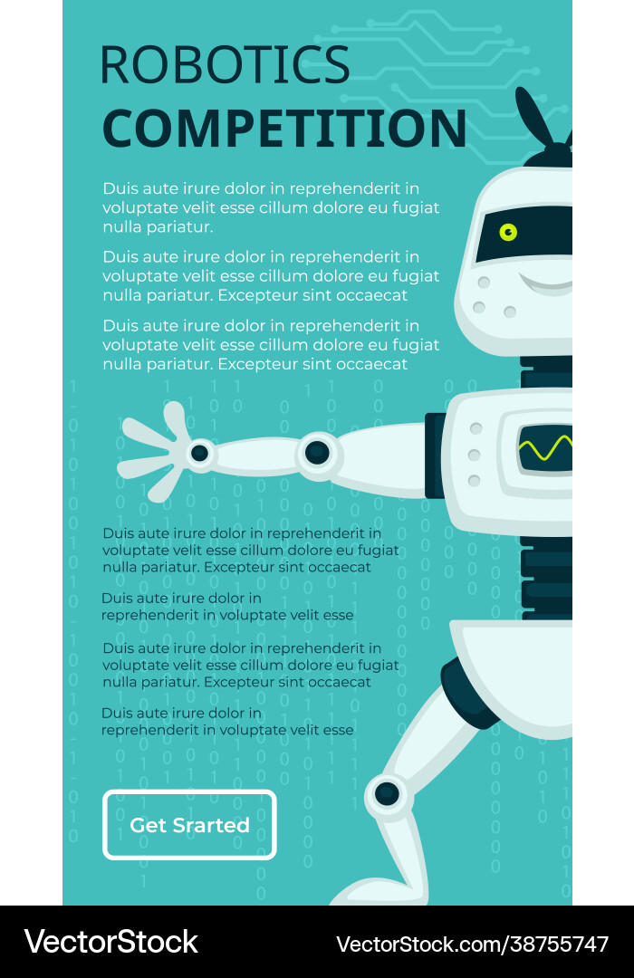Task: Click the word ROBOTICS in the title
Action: click(225, 65)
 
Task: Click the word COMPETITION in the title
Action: click(284, 128)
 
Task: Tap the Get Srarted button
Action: click(189, 825)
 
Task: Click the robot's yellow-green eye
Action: click(509, 233)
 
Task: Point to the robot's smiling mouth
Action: click(545, 284)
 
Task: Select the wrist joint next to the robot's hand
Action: click(200, 453)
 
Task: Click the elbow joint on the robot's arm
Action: click(317, 452)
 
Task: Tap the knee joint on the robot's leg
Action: click(387, 793)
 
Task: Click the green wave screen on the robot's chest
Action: click(544, 448)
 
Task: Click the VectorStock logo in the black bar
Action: click(111, 942)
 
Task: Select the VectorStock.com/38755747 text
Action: click(473, 944)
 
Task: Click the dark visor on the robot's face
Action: click(524, 235)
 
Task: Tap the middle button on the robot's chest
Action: click(475, 455)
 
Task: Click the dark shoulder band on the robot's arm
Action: click(435, 455)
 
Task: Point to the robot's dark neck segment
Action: click(546, 372)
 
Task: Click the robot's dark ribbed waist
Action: click(547, 578)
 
